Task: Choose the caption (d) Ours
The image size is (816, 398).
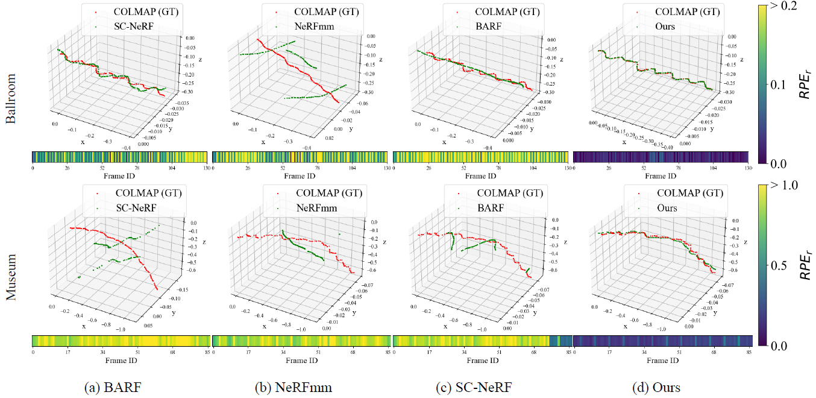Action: click(658, 387)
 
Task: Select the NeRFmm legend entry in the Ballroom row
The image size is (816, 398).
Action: click(316, 26)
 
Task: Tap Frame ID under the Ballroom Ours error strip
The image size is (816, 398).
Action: click(661, 176)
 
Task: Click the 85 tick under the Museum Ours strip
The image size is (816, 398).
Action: click(749, 352)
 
